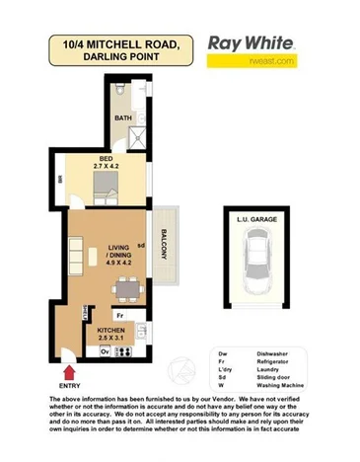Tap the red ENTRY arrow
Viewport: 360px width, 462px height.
(68, 372)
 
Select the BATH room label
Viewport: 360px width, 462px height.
(123, 119)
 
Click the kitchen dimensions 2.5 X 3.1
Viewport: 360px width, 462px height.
(109, 340)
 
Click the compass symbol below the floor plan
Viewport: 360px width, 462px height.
(180, 370)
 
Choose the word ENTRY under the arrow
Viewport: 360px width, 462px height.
(68, 386)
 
